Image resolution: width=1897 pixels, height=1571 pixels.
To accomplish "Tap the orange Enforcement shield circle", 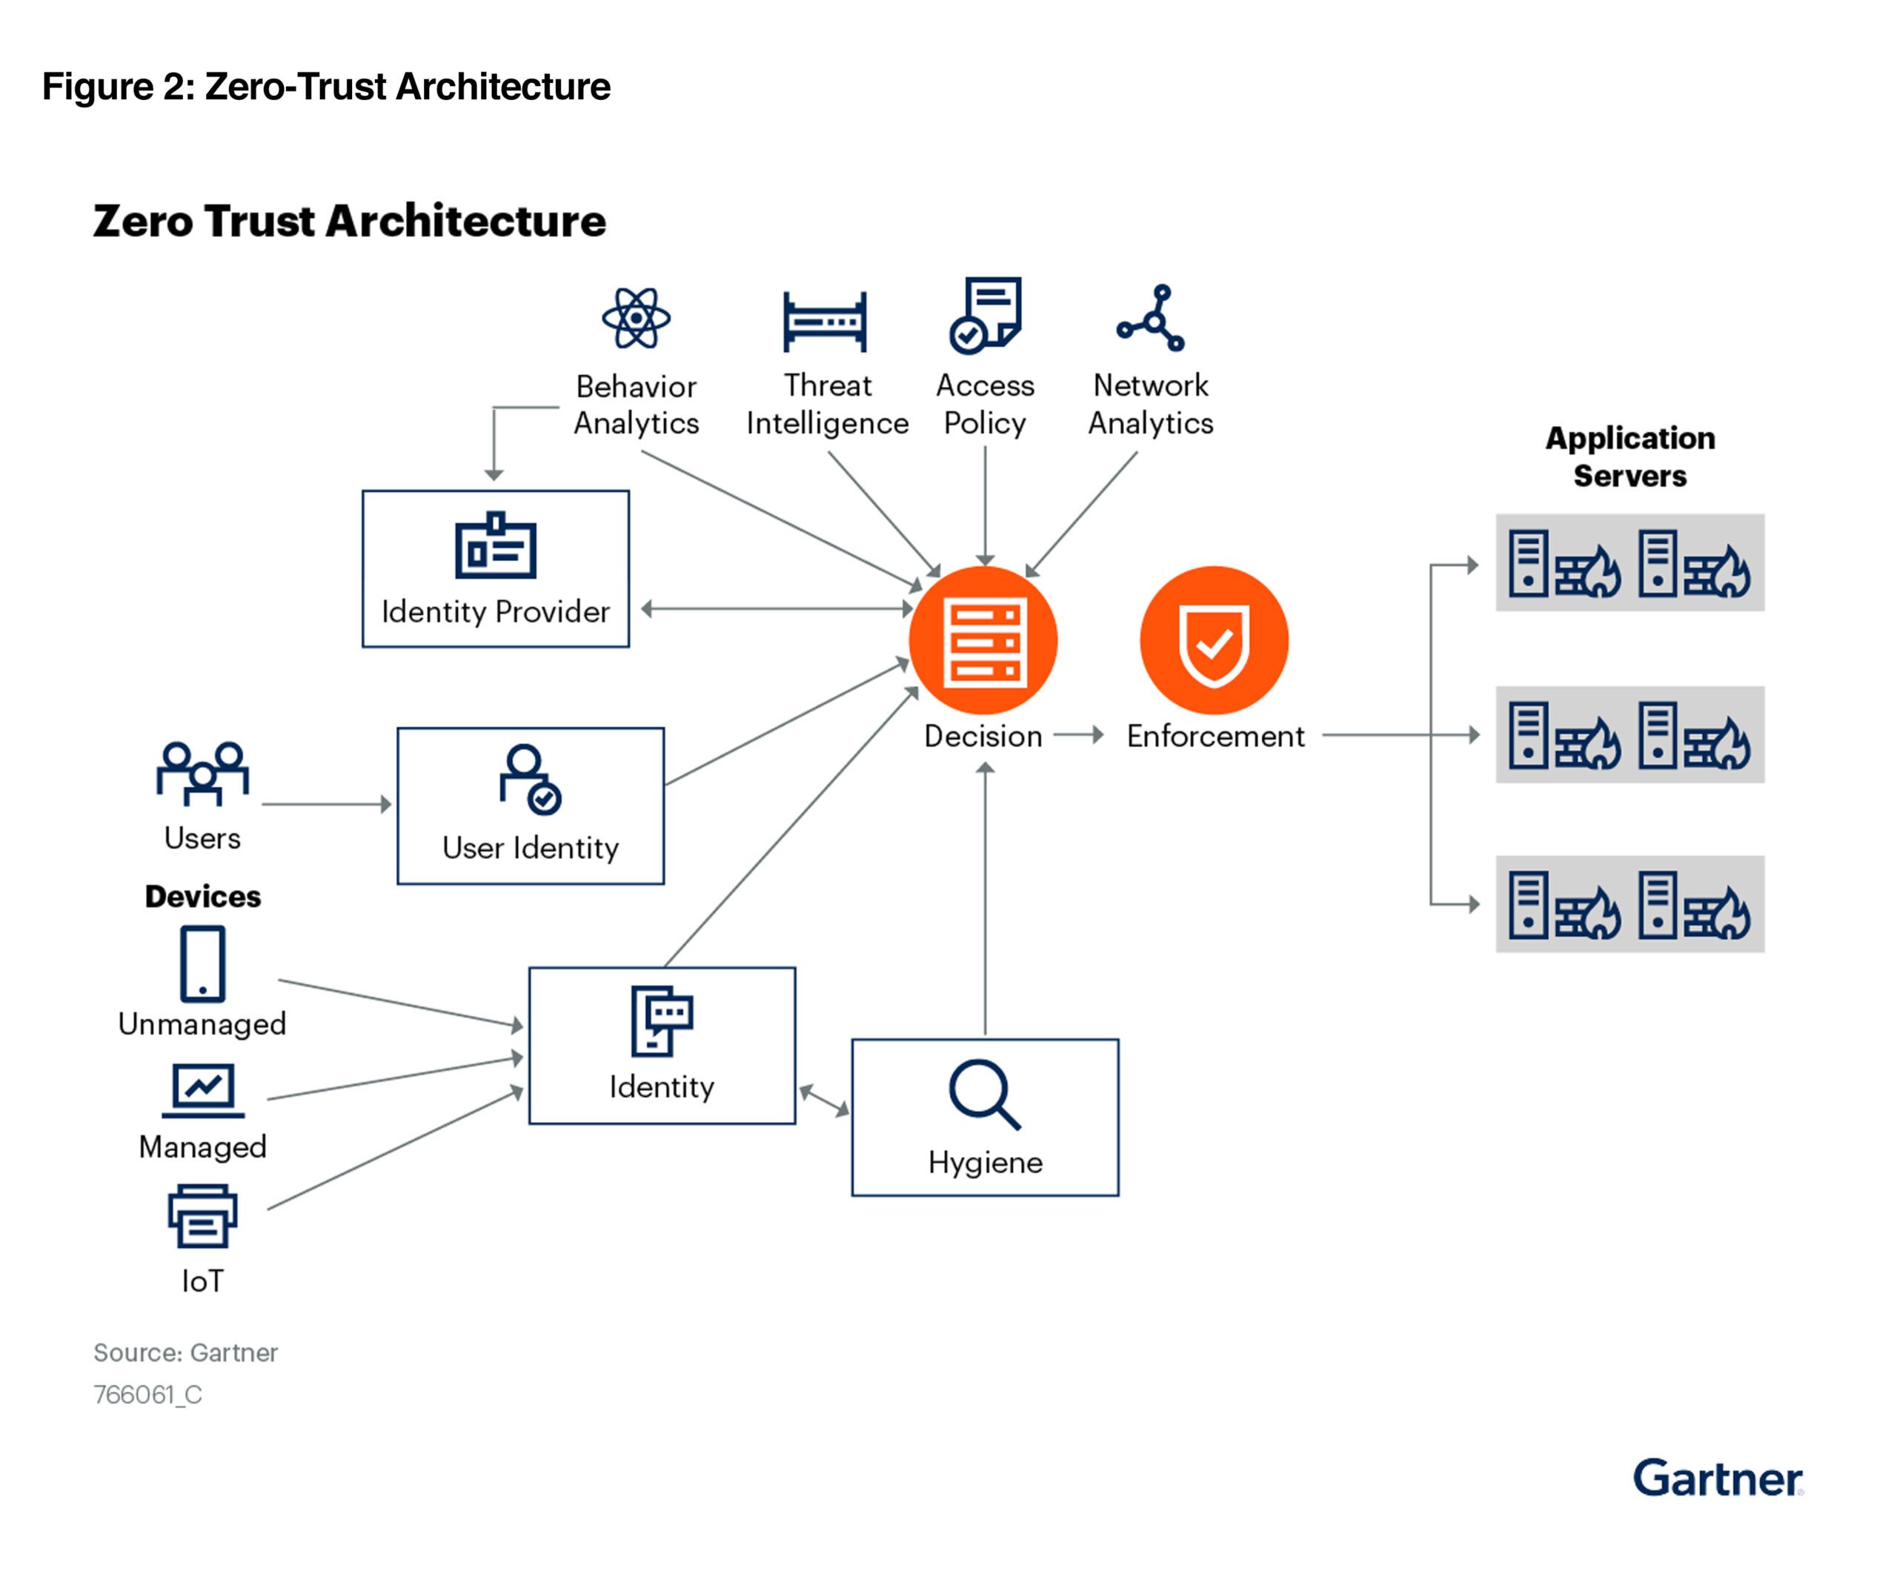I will [1213, 640].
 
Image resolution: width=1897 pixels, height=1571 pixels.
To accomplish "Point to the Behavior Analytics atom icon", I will [636, 318].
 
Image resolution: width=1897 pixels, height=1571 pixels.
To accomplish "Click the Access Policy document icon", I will [985, 314].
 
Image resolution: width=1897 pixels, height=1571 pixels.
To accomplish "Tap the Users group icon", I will [202, 774].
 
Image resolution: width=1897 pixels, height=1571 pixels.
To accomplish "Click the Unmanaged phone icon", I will [202, 963].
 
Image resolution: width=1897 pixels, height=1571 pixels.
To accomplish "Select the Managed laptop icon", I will [203, 1089].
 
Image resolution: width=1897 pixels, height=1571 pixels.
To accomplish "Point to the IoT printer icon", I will [202, 1216].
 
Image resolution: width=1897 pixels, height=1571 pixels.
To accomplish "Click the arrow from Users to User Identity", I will [326, 804].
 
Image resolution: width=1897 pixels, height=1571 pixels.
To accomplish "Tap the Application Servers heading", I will [1629, 456].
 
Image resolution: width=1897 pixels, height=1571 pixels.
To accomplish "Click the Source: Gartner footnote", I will [185, 1352].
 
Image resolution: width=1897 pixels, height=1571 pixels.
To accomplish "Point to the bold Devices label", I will [202, 896].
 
